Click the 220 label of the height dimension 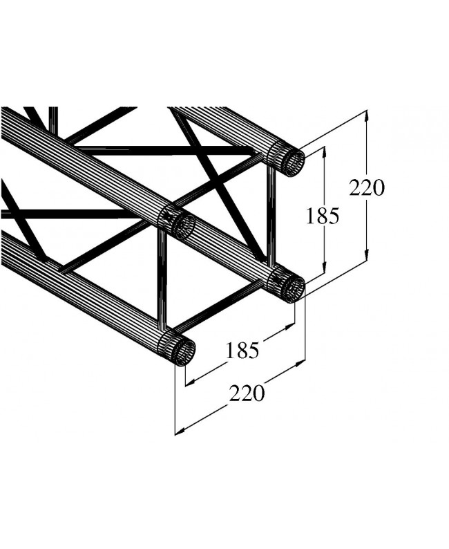pos(366,187)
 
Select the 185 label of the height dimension pos(323,216)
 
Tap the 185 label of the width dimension pos(242,351)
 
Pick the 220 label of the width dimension pos(247,393)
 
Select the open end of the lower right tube pos(294,288)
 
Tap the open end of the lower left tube pos(183,353)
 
